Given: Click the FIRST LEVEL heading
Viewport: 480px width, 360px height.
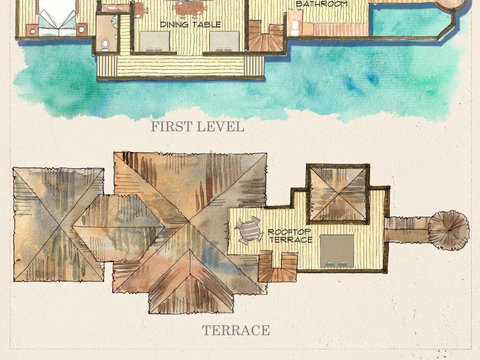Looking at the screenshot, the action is pyautogui.click(x=197, y=127).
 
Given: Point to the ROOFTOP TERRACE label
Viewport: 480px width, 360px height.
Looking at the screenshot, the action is pyautogui.click(x=290, y=236).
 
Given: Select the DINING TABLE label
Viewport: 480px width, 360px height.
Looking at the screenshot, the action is pyautogui.click(x=190, y=24).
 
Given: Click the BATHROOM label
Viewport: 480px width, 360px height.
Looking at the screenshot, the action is pyautogui.click(x=322, y=4).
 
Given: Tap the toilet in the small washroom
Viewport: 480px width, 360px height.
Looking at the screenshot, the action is pyautogui.click(x=105, y=45).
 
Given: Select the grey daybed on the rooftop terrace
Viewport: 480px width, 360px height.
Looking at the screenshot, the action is pyautogui.click(x=337, y=251).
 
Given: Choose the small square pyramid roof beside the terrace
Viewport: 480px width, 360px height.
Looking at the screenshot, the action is pyautogui.click(x=338, y=194).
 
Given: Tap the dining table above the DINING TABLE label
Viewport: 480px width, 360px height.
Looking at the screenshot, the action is pyautogui.click(x=189, y=9).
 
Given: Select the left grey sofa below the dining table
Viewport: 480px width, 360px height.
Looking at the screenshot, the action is pyautogui.click(x=154, y=42).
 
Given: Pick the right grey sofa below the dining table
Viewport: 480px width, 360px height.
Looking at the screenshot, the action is pyautogui.click(x=224, y=42).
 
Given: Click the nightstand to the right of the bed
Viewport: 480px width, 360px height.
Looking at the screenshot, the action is pyautogui.click(x=82, y=30).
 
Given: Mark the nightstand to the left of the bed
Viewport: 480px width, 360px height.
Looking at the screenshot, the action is pyautogui.click(x=32, y=30).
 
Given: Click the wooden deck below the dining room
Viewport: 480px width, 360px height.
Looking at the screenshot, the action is pyautogui.click(x=181, y=66).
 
